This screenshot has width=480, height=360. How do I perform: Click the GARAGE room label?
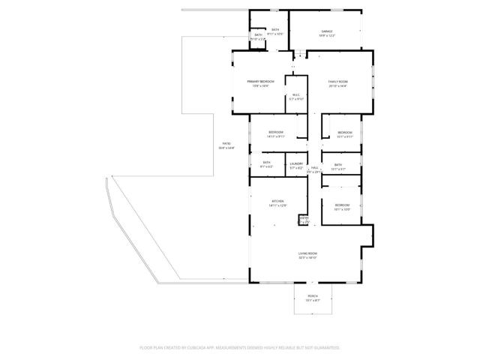[x=328, y=31]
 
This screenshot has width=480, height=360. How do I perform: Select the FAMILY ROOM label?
[x=337, y=81]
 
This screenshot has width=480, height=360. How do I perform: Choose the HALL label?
[x=315, y=167]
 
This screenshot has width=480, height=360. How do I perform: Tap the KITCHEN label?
[x=277, y=202]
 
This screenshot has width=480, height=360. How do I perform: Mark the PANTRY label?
[x=304, y=218]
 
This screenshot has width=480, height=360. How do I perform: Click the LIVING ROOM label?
[x=307, y=253]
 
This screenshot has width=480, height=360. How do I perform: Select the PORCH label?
[x=313, y=296]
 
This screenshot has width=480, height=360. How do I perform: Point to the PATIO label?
[x=226, y=143]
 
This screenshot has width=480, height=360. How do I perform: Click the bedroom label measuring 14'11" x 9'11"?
[x=275, y=133]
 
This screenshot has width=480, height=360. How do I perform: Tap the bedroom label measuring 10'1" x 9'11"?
[x=344, y=133]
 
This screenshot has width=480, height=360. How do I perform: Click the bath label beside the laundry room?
[x=267, y=163]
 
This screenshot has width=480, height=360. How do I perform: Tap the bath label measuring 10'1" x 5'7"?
[x=338, y=165]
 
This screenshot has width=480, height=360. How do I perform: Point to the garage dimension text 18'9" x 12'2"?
[x=328, y=35]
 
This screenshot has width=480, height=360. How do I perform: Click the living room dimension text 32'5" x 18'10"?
[x=307, y=258]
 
